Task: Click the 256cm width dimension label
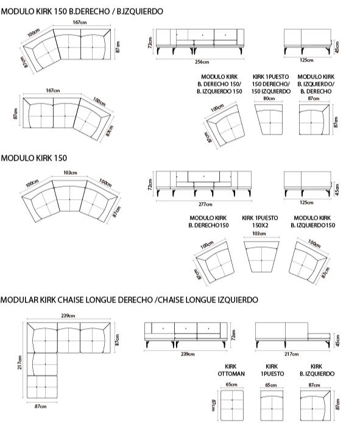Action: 202,62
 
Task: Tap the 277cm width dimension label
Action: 205,205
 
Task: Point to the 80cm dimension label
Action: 269,99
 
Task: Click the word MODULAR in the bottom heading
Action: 19,299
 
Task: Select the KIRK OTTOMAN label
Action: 231,370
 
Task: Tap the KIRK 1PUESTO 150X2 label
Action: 260,222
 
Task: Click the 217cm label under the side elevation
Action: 291,354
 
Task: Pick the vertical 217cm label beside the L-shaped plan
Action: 19,362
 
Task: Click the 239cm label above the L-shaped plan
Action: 68,316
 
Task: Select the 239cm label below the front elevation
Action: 188,354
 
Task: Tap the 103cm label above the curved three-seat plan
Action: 70,173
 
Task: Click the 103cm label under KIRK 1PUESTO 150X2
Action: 259,234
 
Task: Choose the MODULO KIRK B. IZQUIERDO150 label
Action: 312,222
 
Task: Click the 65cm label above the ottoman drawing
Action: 231,385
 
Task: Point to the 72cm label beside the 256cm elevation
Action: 150,43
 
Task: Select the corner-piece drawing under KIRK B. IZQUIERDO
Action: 316,405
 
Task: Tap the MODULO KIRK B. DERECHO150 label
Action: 208,222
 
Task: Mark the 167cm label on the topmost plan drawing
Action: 80,22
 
